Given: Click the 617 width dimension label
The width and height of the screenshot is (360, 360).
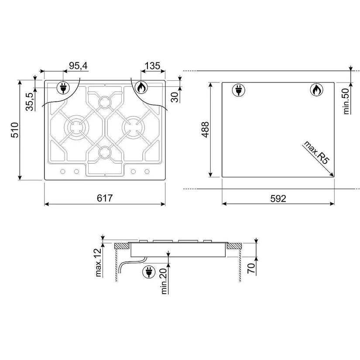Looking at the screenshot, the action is pyautogui.click(x=105, y=198).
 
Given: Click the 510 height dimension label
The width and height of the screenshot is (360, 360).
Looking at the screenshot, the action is pyautogui.click(x=15, y=130).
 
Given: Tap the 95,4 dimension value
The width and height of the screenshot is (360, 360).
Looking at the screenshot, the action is pyautogui.click(x=78, y=66).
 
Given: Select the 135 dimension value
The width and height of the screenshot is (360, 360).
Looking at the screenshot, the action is pyautogui.click(x=152, y=66).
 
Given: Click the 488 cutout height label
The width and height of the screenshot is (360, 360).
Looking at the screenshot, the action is pyautogui.click(x=205, y=130).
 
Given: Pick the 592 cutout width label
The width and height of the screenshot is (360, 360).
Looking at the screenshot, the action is pyautogui.click(x=278, y=199).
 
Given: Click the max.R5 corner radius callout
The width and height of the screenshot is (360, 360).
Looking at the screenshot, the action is pyautogui.click(x=315, y=152).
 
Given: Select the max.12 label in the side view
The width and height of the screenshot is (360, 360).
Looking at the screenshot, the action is pyautogui.click(x=98, y=262).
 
